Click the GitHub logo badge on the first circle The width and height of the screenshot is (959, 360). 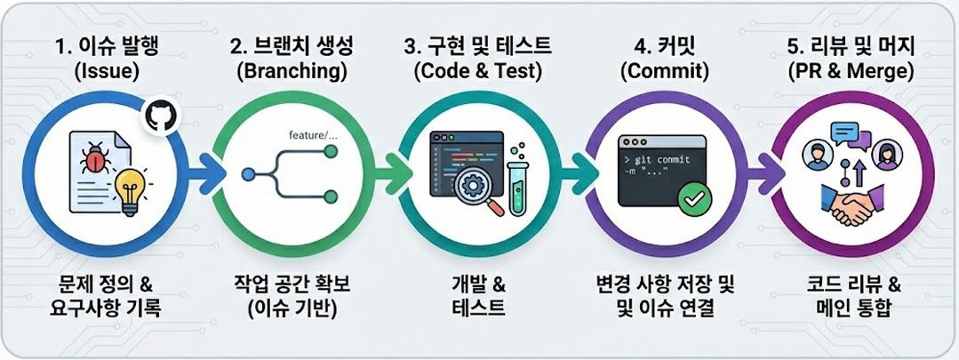[160, 115]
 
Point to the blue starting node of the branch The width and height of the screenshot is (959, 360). [247, 175]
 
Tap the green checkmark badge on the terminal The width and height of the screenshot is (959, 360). [695, 198]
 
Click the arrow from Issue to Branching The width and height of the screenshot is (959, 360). [207, 175]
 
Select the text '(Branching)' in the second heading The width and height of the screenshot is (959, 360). [292, 72]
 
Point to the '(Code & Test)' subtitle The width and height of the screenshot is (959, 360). [477, 72]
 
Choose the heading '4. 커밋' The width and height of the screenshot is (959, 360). [664, 47]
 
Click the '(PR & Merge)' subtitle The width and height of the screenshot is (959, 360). [851, 72]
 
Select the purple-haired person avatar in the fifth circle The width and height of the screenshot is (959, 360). [883, 154]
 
